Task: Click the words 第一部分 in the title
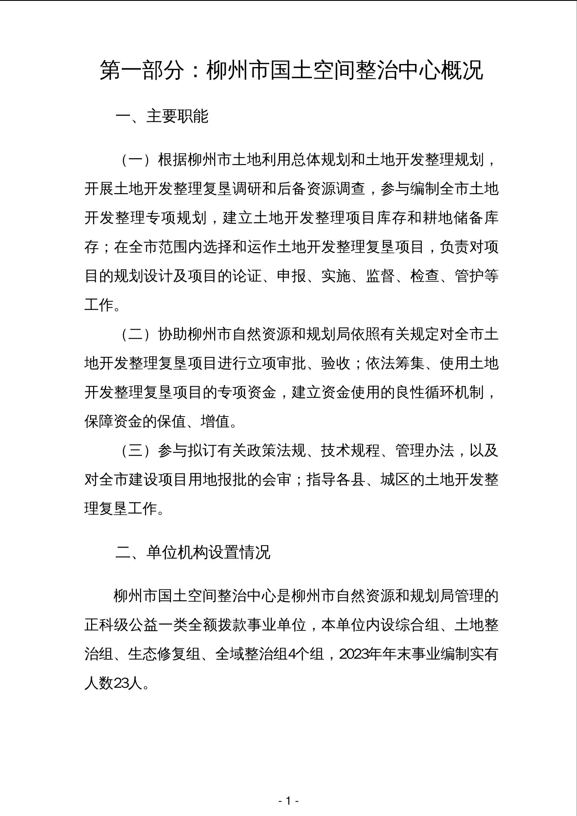(x=142, y=71)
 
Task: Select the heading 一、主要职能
(x=162, y=116)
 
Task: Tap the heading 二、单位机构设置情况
(x=193, y=552)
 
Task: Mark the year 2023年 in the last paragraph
(x=359, y=654)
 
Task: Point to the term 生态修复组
(x=165, y=654)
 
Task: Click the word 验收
(x=336, y=363)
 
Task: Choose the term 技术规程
(x=351, y=451)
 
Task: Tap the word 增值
(x=216, y=422)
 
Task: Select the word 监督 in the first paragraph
(x=380, y=276)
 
